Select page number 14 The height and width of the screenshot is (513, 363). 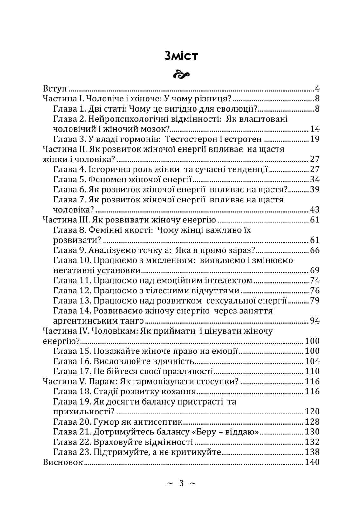(x=314, y=129)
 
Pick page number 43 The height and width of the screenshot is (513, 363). (x=314, y=209)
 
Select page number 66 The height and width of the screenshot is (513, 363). (x=314, y=250)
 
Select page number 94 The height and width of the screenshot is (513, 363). (x=314, y=321)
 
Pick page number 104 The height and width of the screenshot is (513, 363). (x=312, y=361)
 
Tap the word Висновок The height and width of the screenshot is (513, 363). (x=63, y=462)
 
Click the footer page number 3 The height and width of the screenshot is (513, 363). (x=181, y=483)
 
